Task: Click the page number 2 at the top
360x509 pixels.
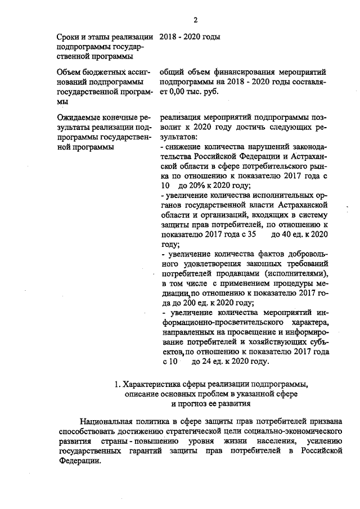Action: point(196,21)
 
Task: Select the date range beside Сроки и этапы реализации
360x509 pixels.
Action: point(189,37)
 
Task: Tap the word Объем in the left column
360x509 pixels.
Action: point(70,72)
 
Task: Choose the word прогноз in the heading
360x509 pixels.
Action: point(195,403)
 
